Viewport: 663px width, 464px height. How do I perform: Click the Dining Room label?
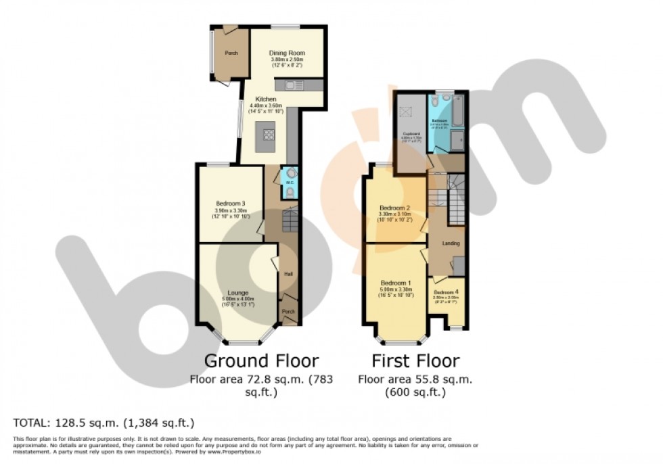tap(287, 53)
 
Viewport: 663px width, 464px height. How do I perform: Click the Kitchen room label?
tap(266, 99)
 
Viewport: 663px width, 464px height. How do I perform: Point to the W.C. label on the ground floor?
tap(289, 183)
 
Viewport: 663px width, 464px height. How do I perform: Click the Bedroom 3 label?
tap(231, 203)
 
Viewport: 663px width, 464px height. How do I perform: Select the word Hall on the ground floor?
tap(288, 275)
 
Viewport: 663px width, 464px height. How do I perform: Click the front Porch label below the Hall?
tap(290, 311)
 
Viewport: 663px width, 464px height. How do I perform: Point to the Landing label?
tap(451, 243)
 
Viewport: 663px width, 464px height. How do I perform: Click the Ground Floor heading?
tap(261, 361)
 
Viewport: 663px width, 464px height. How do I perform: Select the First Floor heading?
tap(415, 361)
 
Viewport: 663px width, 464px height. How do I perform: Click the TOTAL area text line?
tap(104, 423)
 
